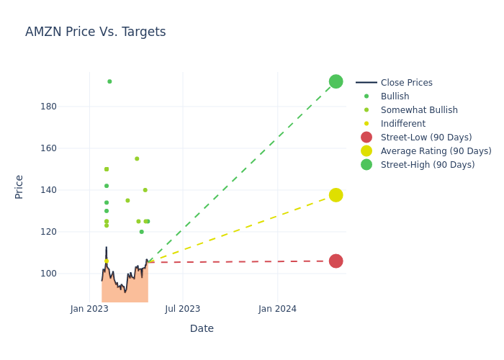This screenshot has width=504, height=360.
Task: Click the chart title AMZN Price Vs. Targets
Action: click(x=95, y=32)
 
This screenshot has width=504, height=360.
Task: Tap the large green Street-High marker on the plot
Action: click(x=336, y=81)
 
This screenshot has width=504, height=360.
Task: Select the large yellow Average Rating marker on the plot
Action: click(x=336, y=195)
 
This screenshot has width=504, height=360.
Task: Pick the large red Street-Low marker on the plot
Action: click(x=336, y=261)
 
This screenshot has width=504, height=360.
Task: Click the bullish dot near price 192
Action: click(x=109, y=81)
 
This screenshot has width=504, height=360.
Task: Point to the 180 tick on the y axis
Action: click(x=68, y=107)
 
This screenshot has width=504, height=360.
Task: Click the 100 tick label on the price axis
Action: click(x=68, y=274)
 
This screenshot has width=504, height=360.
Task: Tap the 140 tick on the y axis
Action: click(x=68, y=190)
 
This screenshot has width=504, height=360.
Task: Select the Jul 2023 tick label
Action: click(x=183, y=310)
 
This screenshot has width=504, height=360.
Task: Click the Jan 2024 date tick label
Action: click(x=277, y=310)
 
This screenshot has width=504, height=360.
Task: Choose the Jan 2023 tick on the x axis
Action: click(x=89, y=310)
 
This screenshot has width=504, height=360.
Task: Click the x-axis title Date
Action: click(x=202, y=328)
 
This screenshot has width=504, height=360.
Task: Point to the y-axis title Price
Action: click(x=19, y=186)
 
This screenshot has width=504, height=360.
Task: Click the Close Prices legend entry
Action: click(x=406, y=83)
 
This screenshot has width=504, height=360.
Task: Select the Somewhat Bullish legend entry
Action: click(x=419, y=110)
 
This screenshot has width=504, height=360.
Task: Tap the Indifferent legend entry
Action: click(x=402, y=124)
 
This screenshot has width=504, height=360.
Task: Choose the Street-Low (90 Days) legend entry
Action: click(x=426, y=138)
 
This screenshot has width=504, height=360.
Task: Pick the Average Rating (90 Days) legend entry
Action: click(x=436, y=151)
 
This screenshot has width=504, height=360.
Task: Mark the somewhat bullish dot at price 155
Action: click(x=137, y=158)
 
